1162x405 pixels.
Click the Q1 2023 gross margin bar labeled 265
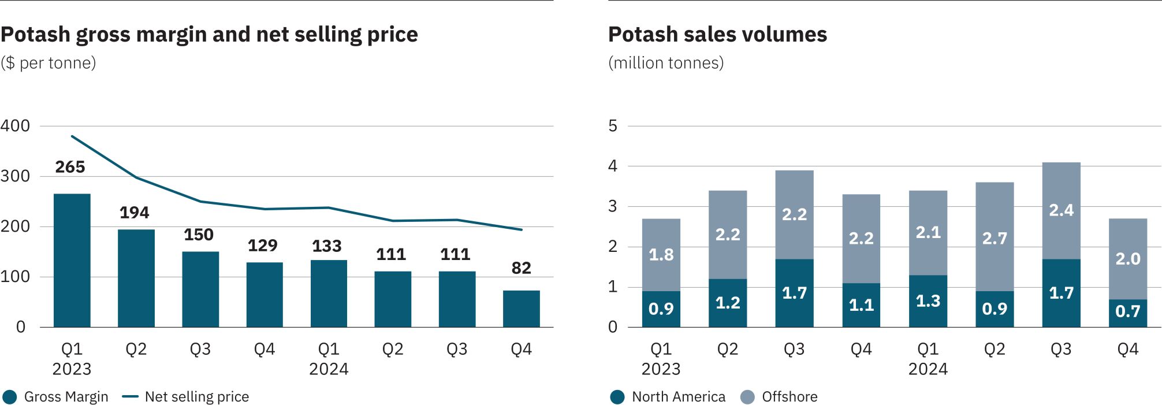tap(72, 260)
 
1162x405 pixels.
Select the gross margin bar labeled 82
tap(521, 309)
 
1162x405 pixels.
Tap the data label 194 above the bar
tap(134, 213)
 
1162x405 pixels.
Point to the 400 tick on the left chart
tap(16, 126)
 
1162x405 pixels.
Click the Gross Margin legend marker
tap(10, 397)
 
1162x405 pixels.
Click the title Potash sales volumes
tap(717, 35)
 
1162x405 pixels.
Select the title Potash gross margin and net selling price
tap(209, 35)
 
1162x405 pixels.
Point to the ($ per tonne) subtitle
tap(49, 63)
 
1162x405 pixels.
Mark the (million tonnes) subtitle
tap(666, 63)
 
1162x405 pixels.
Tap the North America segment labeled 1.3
tap(928, 301)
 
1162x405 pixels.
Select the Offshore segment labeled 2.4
tap(1061, 210)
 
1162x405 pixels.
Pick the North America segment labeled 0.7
tap(1127, 313)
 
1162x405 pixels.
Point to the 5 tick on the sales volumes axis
tap(613, 126)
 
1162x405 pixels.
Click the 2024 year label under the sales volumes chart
tap(928, 369)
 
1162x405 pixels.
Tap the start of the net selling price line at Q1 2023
tap(72, 136)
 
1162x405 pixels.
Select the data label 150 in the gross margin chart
tap(199, 235)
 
